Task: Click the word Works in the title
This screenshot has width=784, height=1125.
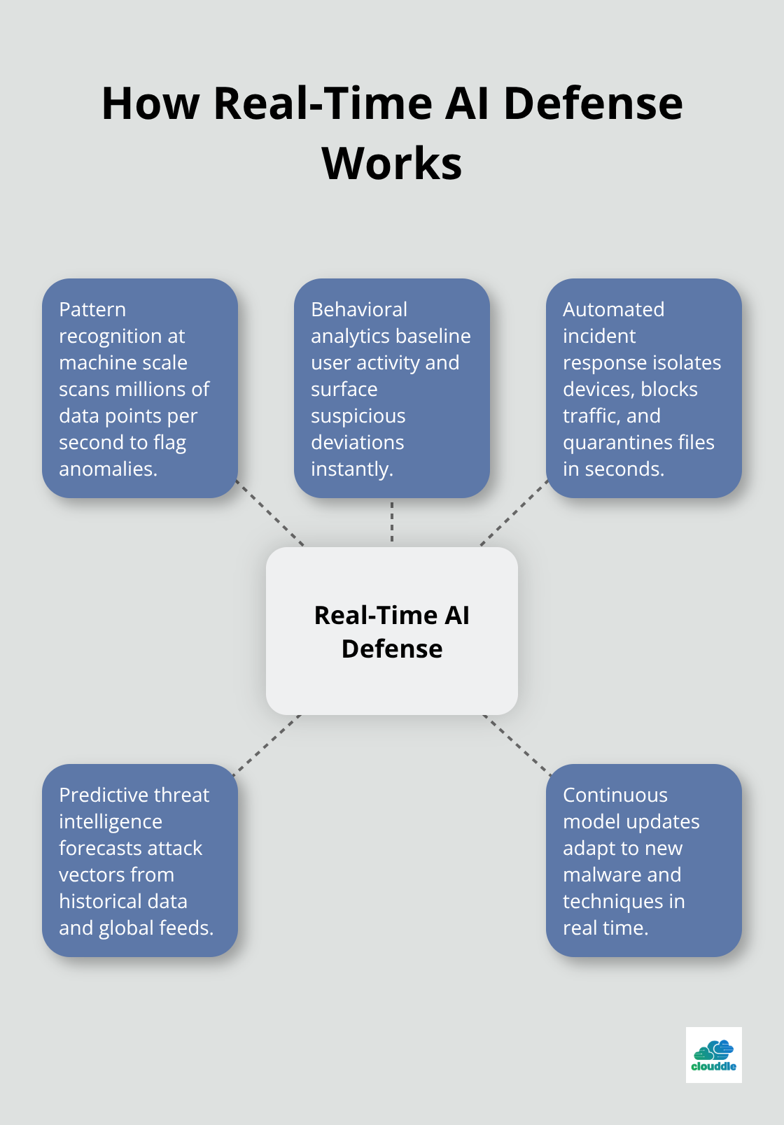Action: (392, 164)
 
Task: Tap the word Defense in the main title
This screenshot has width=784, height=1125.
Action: (592, 104)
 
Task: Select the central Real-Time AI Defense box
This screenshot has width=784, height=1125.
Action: (392, 631)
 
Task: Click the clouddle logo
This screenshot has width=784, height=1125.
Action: (713, 1055)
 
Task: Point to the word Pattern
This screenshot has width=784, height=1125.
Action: (92, 309)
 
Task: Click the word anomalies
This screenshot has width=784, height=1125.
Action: (108, 469)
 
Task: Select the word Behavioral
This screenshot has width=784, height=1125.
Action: (359, 309)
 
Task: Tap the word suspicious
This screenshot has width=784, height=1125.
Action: (358, 416)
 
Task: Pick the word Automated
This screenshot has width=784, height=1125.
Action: (613, 309)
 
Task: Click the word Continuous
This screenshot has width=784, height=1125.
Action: (615, 795)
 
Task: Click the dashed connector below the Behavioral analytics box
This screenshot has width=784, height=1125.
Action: (392, 522)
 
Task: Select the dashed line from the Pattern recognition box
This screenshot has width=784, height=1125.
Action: (270, 513)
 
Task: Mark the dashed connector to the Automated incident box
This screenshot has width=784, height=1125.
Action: (514, 514)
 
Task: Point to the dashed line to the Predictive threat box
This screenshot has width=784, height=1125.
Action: (267, 744)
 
